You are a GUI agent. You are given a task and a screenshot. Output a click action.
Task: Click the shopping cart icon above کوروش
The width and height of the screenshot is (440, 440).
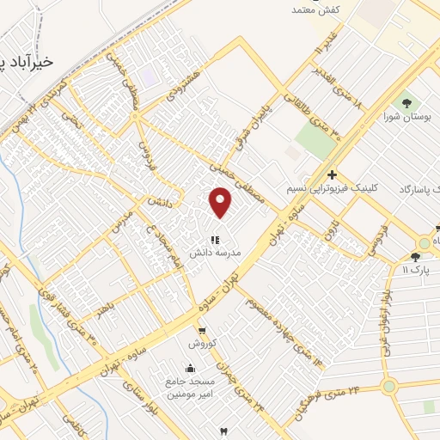pos(201,330)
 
